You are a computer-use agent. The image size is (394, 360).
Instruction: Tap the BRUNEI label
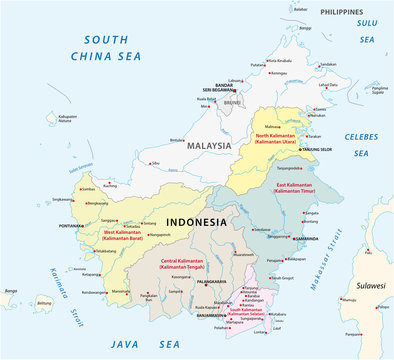pos(231,103)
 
